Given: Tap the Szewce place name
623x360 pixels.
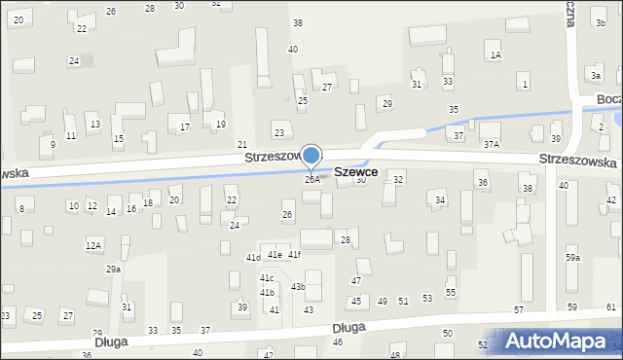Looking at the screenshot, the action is coord(355,171).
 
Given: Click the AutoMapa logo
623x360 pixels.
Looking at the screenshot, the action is coord(559,341).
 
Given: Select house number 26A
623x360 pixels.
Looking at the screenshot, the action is coord(311,179).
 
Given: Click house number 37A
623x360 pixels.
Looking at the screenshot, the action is coord(492,144).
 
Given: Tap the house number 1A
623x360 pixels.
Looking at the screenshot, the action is coord(495,55).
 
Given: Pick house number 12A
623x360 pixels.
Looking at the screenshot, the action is coord(93,245).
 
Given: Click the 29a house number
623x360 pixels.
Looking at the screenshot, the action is coord(114,269).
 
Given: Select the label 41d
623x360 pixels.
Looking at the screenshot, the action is coord(253,258).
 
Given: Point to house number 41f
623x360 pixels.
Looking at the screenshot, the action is coord(294,255).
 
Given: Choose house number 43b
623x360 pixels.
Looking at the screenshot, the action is coord(298,287).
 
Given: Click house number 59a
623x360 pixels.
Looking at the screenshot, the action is coord(572,258).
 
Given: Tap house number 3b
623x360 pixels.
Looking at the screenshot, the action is coord(600,21).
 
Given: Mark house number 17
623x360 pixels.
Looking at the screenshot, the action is coord(185,127).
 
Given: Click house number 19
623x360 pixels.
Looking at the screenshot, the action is coord(221,125).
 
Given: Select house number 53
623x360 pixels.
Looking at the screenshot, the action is coord(426,298).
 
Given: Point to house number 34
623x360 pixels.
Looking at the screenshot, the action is coord(440,200).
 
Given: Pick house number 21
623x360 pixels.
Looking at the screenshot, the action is coord(242,144).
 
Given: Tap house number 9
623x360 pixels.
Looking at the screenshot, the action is coord(52,144).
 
